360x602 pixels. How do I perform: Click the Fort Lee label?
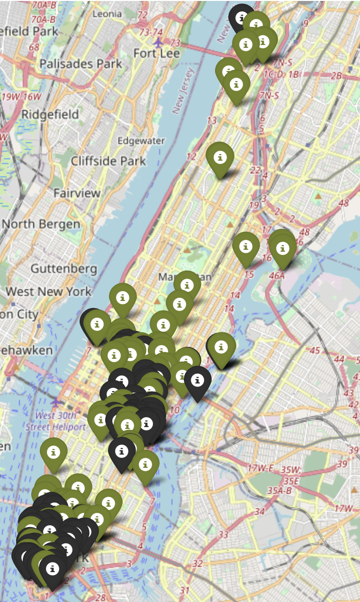coord(156,53)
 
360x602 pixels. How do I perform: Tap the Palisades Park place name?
coord(81,64)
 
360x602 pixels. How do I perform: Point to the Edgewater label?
coord(141,141)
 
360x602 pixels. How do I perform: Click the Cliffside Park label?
coord(108,161)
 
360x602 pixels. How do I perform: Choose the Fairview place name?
coord(77,193)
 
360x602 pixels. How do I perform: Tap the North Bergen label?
coord(40,224)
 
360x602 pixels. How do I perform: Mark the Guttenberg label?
coord(63,269)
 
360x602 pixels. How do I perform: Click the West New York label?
coord(48,291)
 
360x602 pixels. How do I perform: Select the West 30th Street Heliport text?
coord(55,421)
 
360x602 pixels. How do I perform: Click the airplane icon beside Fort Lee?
coord(158,42)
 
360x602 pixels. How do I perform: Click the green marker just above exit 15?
coord(245,247)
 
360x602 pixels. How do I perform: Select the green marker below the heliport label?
coord(54,453)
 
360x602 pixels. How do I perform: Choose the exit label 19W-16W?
coord(22,97)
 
